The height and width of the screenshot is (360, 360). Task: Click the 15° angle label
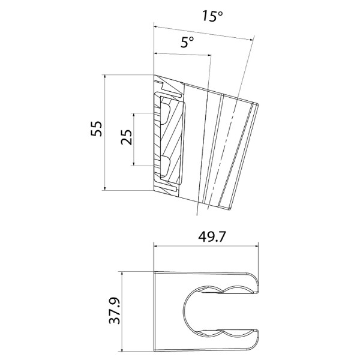(212, 16)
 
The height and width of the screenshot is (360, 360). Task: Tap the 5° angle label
(187, 42)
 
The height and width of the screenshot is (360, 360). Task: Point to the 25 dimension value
(126, 139)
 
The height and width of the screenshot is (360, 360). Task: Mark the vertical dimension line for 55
(106, 132)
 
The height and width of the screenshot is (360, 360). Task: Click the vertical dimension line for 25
(135, 139)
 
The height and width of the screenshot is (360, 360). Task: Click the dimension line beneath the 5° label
(183, 55)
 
